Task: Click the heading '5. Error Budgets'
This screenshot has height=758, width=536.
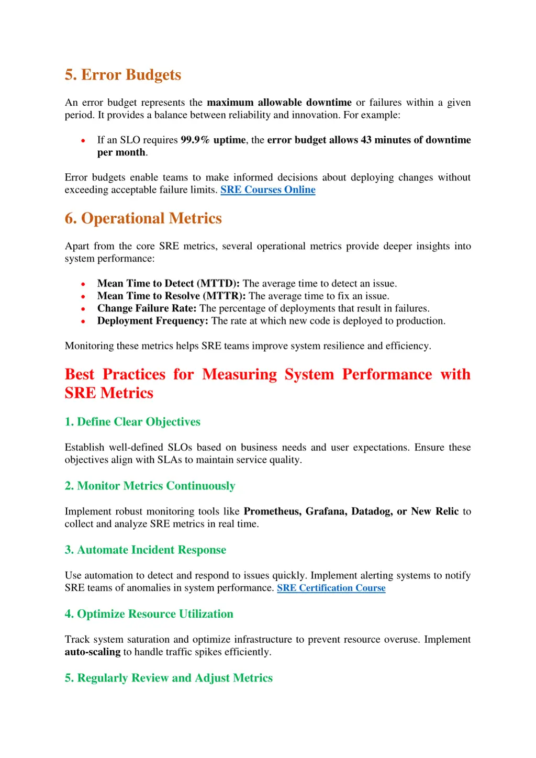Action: (122, 75)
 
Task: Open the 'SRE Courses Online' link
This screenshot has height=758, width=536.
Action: (267, 189)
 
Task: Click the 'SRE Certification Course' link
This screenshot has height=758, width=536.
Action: (331, 588)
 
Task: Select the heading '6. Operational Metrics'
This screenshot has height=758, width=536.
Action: (143, 218)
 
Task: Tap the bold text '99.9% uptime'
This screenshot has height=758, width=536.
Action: (213, 140)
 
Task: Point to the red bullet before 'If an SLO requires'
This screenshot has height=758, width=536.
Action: (83, 140)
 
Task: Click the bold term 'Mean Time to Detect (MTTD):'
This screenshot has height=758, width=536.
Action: (168, 283)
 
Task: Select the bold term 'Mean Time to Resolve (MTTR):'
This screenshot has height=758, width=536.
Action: (171, 296)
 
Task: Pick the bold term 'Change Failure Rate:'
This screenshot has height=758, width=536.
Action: (147, 308)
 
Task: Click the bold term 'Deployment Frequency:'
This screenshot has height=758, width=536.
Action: (152, 321)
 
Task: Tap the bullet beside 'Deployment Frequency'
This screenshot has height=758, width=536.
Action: (83, 321)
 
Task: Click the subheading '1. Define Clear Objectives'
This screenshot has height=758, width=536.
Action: (132, 422)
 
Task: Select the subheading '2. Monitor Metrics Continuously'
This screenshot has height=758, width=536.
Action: (150, 486)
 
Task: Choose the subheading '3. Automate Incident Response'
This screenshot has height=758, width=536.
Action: (145, 550)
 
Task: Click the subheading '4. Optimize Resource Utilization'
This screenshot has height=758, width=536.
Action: (149, 614)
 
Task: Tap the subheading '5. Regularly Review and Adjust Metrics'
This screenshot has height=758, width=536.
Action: (169, 678)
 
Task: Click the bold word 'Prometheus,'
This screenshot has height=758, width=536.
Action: (272, 511)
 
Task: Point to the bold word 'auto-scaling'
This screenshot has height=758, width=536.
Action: (93, 652)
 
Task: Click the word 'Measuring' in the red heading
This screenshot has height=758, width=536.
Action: (239, 374)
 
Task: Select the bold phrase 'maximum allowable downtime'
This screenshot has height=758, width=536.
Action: (279, 103)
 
